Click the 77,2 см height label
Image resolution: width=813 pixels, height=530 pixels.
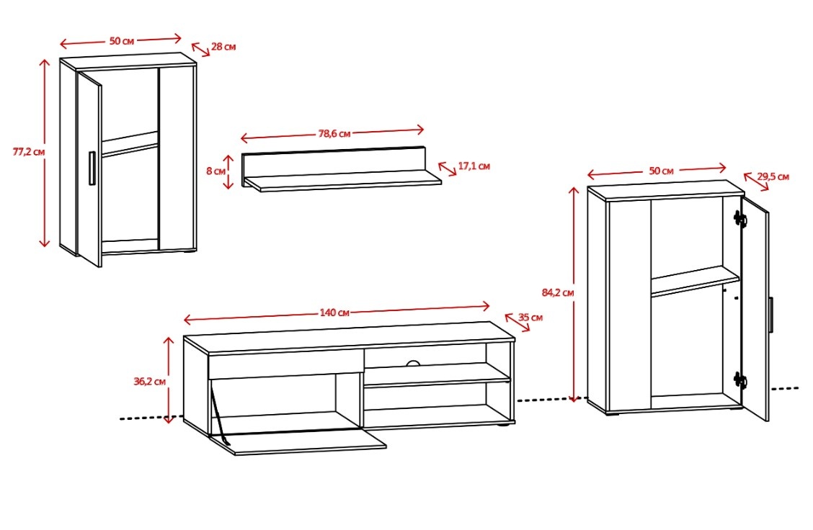point(29,152)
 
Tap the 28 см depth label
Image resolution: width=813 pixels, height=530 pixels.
point(223,47)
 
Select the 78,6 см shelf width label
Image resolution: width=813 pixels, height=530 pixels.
point(334,134)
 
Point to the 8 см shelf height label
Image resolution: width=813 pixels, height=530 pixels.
point(216,171)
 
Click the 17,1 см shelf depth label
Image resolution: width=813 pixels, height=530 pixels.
point(474,166)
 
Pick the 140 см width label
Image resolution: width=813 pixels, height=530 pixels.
point(334,313)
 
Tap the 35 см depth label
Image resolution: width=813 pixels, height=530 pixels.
point(530,317)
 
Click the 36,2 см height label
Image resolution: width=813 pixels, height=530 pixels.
point(150,382)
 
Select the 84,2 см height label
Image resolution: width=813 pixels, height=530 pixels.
point(558,292)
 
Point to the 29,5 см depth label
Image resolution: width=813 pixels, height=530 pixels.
point(773,176)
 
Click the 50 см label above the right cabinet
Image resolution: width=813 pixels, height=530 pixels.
point(661,171)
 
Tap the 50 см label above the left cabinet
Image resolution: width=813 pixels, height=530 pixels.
point(122,41)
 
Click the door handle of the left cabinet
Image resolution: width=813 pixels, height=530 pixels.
point(92,168)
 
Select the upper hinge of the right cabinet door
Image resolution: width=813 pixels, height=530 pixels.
point(739,219)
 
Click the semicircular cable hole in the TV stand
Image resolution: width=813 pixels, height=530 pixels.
point(413,364)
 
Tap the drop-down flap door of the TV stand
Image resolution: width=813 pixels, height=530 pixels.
point(298,442)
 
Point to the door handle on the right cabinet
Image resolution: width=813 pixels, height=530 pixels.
point(771,315)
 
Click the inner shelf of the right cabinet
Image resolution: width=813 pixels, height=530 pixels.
point(695,282)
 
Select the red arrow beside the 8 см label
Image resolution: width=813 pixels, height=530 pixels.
point(228,171)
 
